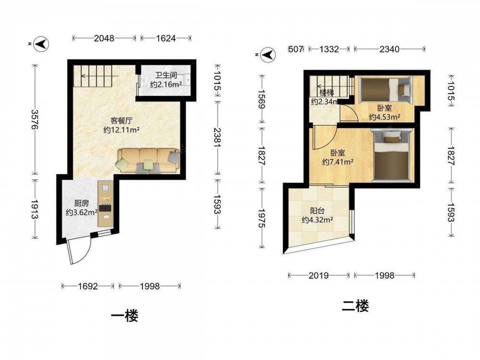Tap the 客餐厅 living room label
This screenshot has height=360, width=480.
coord(121,120)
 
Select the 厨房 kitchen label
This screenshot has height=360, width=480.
coord(82,203)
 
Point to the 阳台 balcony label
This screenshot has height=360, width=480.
coord(317,211)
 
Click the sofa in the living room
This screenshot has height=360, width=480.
coord(148,161)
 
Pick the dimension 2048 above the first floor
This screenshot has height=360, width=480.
coord(104,38)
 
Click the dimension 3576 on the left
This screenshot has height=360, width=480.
coord(35,120)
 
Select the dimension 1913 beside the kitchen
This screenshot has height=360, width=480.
coord(35,210)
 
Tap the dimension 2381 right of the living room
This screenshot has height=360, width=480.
coord(217,137)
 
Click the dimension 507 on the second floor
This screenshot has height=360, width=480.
coord(296,49)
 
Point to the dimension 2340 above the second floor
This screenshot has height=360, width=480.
coord(389,49)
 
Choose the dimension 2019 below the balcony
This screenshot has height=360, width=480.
coord(319,276)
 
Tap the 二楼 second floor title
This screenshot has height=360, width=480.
coord(355,306)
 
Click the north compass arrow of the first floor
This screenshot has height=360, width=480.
coord(41,44)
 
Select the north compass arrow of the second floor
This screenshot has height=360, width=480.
coord(268,55)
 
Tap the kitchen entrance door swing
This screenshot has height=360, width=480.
coord(79,250)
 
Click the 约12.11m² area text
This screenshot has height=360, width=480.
coord(121,130)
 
